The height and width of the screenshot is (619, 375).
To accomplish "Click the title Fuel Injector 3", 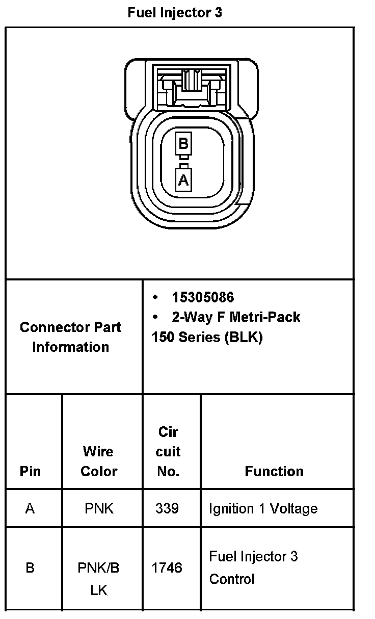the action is pyautogui.click(x=175, y=13).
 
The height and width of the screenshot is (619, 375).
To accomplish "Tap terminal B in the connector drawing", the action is pyautogui.click(x=183, y=143).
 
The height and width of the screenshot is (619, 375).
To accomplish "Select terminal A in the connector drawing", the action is pyautogui.click(x=183, y=179).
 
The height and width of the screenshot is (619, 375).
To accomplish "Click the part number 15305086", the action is pyautogui.click(x=203, y=297).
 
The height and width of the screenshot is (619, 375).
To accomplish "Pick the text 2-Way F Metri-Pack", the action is pyautogui.click(x=236, y=317).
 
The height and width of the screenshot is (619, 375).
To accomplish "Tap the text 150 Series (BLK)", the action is pyautogui.click(x=207, y=337).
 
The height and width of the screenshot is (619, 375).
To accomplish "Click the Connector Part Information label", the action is pyautogui.click(x=70, y=337).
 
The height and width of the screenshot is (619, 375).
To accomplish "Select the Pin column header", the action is pyautogui.click(x=30, y=471).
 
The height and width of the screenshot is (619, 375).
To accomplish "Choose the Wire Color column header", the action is pyautogui.click(x=99, y=461).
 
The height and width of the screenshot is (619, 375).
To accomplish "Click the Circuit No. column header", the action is pyautogui.click(x=168, y=451).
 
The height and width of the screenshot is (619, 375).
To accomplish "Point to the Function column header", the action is pyautogui.click(x=274, y=471).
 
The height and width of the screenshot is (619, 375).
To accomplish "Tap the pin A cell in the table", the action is pyautogui.click(x=30, y=508).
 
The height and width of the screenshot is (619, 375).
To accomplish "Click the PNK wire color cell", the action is pyautogui.click(x=99, y=508).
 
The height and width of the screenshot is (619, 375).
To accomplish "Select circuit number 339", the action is pyautogui.click(x=167, y=508).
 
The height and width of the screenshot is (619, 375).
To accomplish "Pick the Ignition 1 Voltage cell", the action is pyautogui.click(x=263, y=508).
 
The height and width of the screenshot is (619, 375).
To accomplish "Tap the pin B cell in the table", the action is pyautogui.click(x=30, y=568).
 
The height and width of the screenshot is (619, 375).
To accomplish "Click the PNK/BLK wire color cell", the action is pyautogui.click(x=99, y=579).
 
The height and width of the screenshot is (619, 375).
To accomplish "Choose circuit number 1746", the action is pyautogui.click(x=167, y=568).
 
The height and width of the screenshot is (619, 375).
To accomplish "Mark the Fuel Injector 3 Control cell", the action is pyautogui.click(x=253, y=568).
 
